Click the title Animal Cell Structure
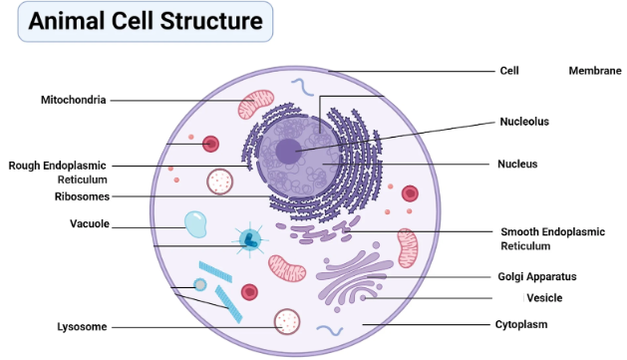[145, 22]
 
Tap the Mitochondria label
[73, 100]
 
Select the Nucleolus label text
[524, 122]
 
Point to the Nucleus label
[517, 164]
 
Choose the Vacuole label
[90, 223]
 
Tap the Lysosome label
[82, 326]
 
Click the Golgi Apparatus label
[537, 276]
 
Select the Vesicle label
[545, 297]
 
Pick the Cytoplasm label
[521, 324]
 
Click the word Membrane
[595, 71]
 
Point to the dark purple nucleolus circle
[288, 152]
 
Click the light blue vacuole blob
[195, 224]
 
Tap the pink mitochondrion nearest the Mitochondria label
[255, 103]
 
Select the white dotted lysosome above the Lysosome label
[287, 320]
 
